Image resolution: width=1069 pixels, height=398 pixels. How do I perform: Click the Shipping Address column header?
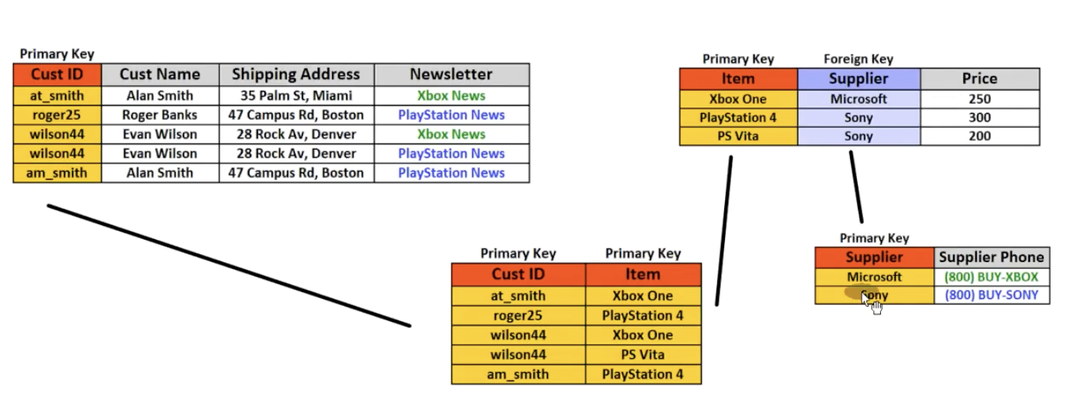(296, 75)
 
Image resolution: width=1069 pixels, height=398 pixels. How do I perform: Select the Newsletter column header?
(452, 75)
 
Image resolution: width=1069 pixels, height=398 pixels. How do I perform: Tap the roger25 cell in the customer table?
(57, 115)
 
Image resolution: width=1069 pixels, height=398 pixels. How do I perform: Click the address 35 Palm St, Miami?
(296, 95)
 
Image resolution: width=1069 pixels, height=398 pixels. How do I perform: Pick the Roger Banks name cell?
(160, 115)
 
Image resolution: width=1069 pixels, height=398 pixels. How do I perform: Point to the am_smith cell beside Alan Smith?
(57, 173)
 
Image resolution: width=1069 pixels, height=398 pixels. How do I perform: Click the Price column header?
(980, 78)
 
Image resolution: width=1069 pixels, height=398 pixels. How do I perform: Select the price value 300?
(980, 118)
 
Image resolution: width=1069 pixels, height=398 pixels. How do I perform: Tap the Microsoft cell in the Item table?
(859, 99)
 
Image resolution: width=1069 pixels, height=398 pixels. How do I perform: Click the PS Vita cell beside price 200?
(738, 136)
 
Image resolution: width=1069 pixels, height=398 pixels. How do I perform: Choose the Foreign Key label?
(858, 59)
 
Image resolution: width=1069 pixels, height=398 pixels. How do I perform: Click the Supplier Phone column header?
(991, 257)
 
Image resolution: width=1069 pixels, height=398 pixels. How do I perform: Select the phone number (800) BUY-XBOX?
(991, 277)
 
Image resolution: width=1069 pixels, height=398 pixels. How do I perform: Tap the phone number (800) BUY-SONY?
(991, 295)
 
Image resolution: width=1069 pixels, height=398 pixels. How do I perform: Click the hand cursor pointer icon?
(872, 304)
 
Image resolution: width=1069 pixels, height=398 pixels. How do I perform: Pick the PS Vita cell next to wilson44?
(643, 354)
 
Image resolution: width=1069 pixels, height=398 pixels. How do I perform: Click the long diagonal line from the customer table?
(229, 266)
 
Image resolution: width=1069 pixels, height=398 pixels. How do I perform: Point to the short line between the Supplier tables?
(856, 187)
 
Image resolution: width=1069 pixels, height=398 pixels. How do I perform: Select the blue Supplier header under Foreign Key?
(859, 78)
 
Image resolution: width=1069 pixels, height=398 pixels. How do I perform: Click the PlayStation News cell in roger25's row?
(452, 115)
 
